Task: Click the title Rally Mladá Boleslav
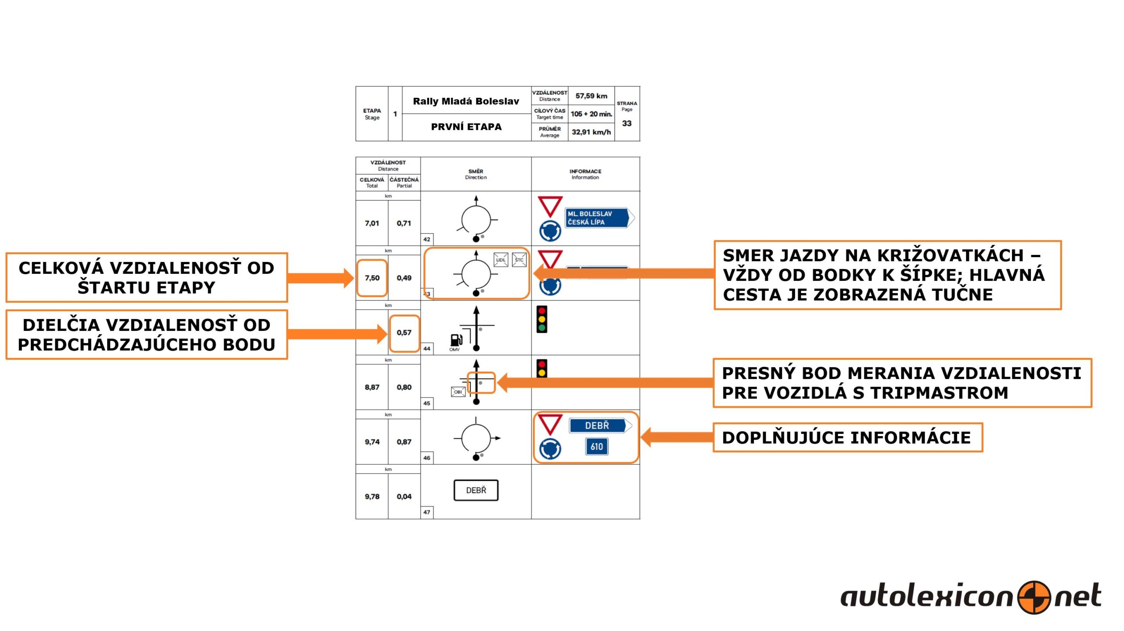pyautogui.click(x=466, y=101)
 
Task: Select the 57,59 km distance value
pyautogui.click(x=591, y=96)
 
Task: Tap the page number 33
pyautogui.click(x=627, y=123)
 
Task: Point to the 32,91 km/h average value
pyautogui.click(x=591, y=132)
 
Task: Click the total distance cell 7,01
pyautogui.click(x=371, y=223)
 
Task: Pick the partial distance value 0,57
pyautogui.click(x=404, y=332)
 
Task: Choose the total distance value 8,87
pyautogui.click(x=372, y=387)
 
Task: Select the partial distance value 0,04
pyautogui.click(x=404, y=496)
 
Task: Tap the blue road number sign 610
pyautogui.click(x=597, y=447)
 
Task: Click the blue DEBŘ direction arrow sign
pyautogui.click(x=600, y=425)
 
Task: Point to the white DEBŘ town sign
pyautogui.click(x=476, y=490)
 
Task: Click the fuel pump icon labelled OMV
pyautogui.click(x=456, y=340)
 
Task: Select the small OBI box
pyautogui.click(x=458, y=392)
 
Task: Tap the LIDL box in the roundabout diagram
pyautogui.click(x=501, y=260)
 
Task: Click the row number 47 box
pyautogui.click(x=427, y=512)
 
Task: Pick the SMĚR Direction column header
pyautogui.click(x=476, y=174)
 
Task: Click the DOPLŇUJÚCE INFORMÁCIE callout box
pyautogui.click(x=847, y=437)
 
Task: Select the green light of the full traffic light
pyautogui.click(x=542, y=327)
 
